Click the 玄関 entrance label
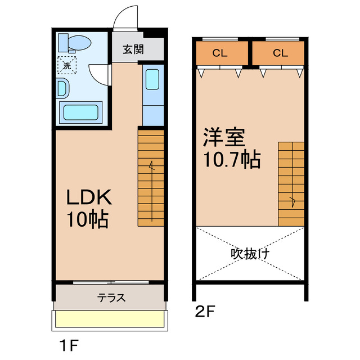point(133,49)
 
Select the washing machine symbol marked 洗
point(67,66)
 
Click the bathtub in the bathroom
point(82,112)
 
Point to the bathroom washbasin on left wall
point(62,88)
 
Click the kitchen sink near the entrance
point(152,79)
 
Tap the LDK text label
point(90,197)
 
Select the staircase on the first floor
point(151,178)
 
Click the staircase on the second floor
point(291,183)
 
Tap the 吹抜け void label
point(250,253)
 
